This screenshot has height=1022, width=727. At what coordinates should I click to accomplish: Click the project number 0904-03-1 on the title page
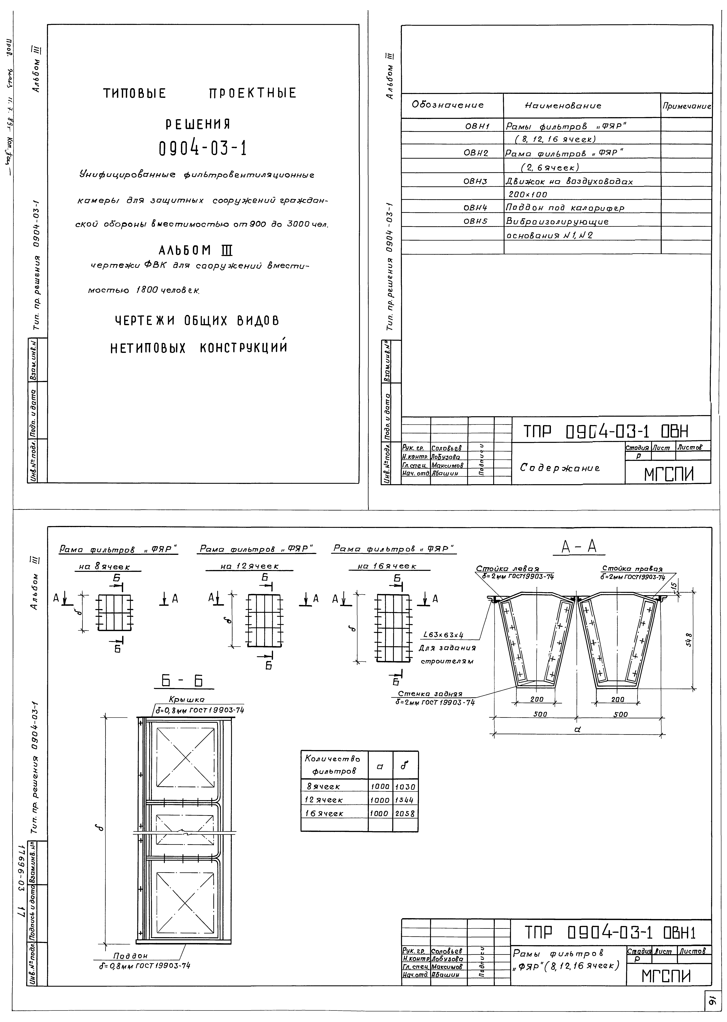203,148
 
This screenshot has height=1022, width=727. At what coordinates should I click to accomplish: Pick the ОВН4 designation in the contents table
475,208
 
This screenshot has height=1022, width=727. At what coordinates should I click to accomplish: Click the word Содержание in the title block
560,468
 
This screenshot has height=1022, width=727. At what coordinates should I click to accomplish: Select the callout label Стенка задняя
430,694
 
